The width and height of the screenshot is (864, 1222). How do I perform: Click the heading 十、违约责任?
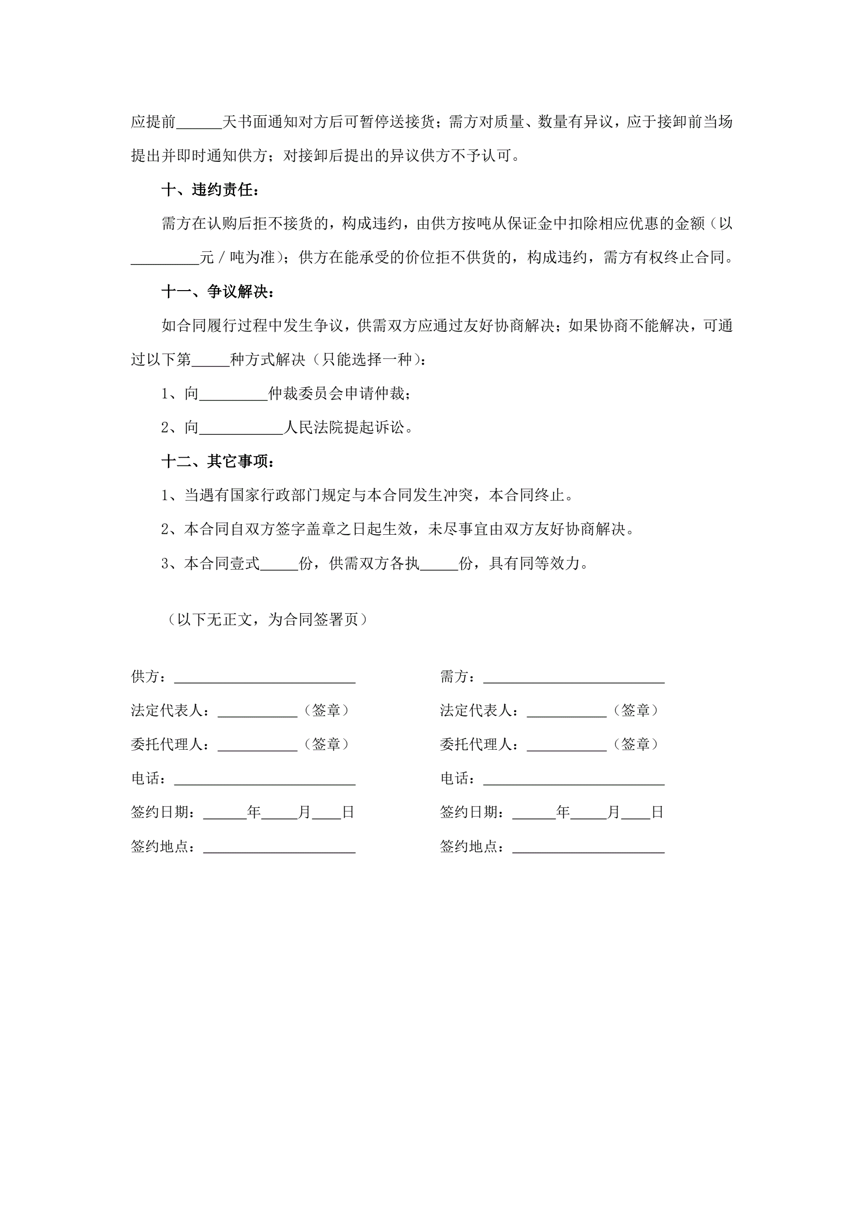pyautogui.click(x=210, y=189)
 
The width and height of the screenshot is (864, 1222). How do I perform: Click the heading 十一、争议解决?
pyautogui.click(x=218, y=291)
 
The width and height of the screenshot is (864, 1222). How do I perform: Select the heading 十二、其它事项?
pyautogui.click(x=218, y=461)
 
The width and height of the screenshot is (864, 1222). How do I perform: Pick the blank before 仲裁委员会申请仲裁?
pyautogui.click(x=233, y=395)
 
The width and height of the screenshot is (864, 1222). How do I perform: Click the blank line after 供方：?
pyautogui.click(x=265, y=678)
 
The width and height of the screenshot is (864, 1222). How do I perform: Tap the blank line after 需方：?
pyautogui.click(x=574, y=678)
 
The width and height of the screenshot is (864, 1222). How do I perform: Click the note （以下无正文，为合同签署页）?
pyautogui.click(x=267, y=619)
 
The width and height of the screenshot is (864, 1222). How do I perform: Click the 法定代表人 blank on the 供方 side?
pyautogui.click(x=258, y=712)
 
